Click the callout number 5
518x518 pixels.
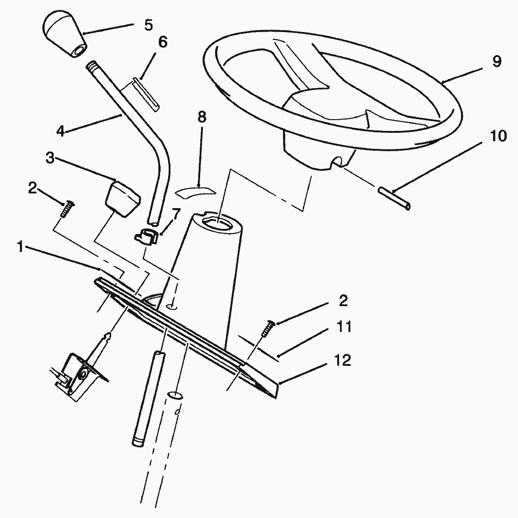tap(148, 25)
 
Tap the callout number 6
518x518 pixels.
tap(163, 42)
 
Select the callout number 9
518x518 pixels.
tap(496, 61)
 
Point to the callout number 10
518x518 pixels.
tap(498, 136)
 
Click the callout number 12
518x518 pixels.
tap(342, 360)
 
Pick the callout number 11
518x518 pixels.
tap(344, 327)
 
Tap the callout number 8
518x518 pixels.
tap(202, 117)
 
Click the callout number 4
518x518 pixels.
tap(60, 131)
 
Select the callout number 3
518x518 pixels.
tap(50, 158)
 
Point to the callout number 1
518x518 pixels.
tap(20, 246)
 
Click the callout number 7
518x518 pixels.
tap(176, 214)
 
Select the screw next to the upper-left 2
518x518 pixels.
tap(67, 209)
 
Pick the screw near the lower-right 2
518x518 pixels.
tap(267, 329)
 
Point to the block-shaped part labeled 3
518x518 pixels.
tap(123, 199)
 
